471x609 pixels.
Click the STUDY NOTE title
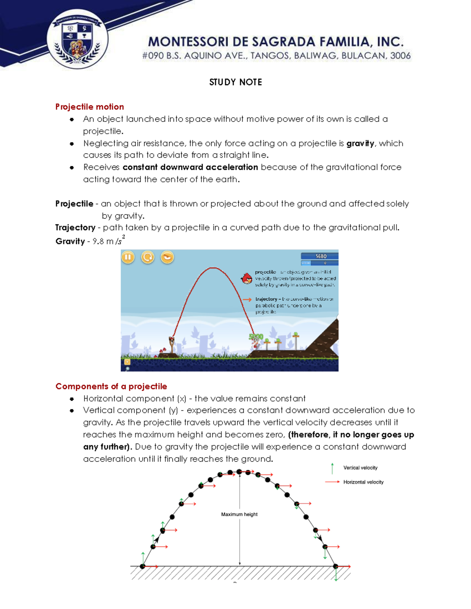(235, 82)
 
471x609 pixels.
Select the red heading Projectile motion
(89, 107)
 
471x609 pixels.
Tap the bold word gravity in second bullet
(360, 144)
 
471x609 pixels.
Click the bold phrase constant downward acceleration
(190, 167)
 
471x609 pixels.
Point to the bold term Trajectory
(75, 228)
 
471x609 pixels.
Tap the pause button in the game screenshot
(128, 257)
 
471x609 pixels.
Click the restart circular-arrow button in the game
(148, 257)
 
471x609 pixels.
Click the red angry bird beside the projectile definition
(247, 278)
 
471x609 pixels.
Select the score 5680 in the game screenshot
(321, 256)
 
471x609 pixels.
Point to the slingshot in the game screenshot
(172, 344)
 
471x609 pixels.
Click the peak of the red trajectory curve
(212, 268)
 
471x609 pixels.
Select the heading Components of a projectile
(111, 386)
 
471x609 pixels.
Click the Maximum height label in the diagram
(239, 514)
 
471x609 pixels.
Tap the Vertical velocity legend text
(360, 468)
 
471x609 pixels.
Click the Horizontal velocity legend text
(363, 482)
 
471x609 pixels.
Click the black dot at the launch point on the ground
(142, 566)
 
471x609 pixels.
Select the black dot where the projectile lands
(336, 566)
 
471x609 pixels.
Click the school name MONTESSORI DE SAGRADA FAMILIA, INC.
(276, 42)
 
